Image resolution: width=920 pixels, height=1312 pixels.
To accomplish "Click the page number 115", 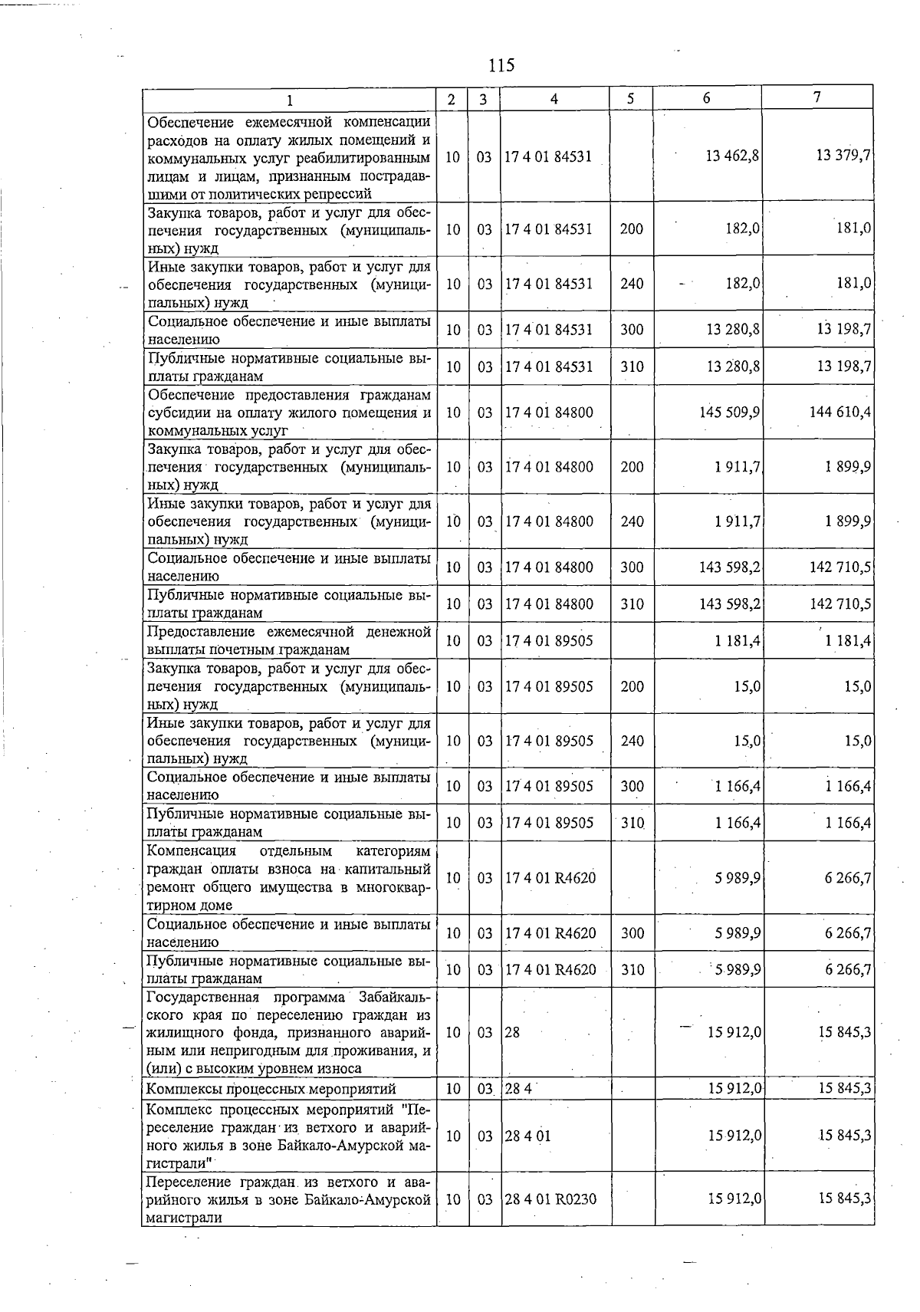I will pyautogui.click(x=501, y=65).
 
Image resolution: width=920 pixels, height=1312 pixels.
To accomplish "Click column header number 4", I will pyautogui.click(x=554, y=99).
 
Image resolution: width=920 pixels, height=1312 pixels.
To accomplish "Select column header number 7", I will pyautogui.click(x=817, y=97).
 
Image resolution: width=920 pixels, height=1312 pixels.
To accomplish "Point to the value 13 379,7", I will pyautogui.click(x=843, y=156).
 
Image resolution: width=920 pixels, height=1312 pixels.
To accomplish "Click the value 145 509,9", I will pyautogui.click(x=729, y=413).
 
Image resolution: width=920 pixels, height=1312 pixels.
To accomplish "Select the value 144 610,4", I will pyautogui.click(x=840, y=413).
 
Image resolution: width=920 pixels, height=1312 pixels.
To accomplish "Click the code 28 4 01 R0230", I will pyautogui.click(x=550, y=1199).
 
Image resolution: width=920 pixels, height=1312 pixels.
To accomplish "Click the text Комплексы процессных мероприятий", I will pyautogui.click(x=271, y=1089).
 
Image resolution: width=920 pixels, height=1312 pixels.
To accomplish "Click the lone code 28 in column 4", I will pyautogui.click(x=512, y=1033).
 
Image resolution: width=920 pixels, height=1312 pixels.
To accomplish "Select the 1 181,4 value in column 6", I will pyautogui.click(x=738, y=641).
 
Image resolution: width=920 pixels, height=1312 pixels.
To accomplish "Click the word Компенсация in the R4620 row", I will pyautogui.click(x=191, y=851).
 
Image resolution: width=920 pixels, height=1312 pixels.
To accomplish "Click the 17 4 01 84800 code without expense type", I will pyautogui.click(x=548, y=413).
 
